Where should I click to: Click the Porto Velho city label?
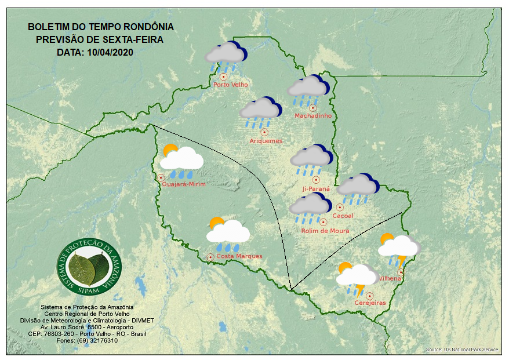pos(231,85)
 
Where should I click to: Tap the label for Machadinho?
pos(313,116)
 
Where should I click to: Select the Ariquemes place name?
pos(266,141)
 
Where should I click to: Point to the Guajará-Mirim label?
pos(184,184)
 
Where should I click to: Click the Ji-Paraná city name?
pos(316,189)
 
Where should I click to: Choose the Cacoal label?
pos(343,216)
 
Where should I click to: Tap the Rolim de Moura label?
pos(325,231)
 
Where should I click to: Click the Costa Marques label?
pos(239,256)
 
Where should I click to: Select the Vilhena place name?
pos(390,279)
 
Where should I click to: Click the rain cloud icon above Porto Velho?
pos(226,56)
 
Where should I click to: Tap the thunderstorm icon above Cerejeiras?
pos(357,277)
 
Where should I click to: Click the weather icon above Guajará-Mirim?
pos(181,159)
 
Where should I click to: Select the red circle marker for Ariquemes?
pos(264,132)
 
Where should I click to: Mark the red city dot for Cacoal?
pos(340,207)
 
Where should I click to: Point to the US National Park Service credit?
pos(461,350)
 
